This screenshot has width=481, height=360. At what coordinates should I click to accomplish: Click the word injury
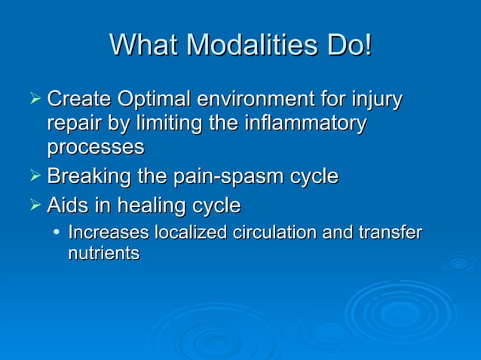point(376,100)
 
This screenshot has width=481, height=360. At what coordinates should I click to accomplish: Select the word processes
point(95,148)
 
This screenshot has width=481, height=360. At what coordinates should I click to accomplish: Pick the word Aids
point(67,206)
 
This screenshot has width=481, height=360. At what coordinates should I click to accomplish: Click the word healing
point(151,206)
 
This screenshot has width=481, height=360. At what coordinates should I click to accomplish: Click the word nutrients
point(103,254)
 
